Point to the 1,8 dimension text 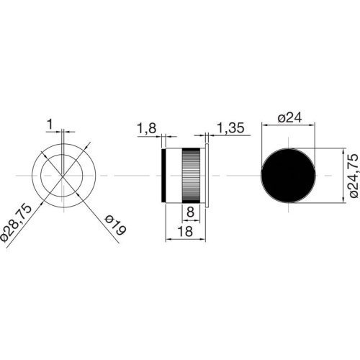145,128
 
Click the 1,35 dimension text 229,128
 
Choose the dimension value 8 189,212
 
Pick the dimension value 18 185,233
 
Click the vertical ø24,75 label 350,175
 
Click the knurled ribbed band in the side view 192,175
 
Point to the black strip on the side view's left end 166,175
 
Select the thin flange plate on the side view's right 207,175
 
